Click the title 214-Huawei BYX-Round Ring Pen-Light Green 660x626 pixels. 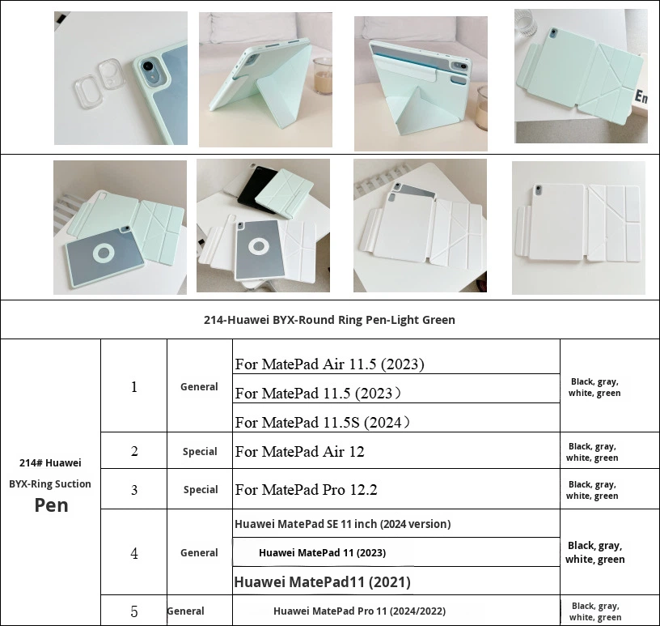coord(329,320)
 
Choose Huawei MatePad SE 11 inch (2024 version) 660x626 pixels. coord(343,524)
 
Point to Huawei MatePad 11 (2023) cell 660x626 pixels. coord(323,552)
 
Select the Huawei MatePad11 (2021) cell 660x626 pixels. coord(323,582)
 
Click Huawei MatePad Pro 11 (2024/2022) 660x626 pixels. coord(359,611)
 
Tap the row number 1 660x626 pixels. coord(133,386)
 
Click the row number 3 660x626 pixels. coord(134,490)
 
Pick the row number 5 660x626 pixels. coord(134,611)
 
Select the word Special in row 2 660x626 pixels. coord(200,451)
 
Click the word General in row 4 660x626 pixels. coord(199,552)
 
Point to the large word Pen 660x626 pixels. coord(51,505)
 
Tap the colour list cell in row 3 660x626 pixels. coord(592,490)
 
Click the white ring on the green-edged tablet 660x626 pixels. coord(104,253)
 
